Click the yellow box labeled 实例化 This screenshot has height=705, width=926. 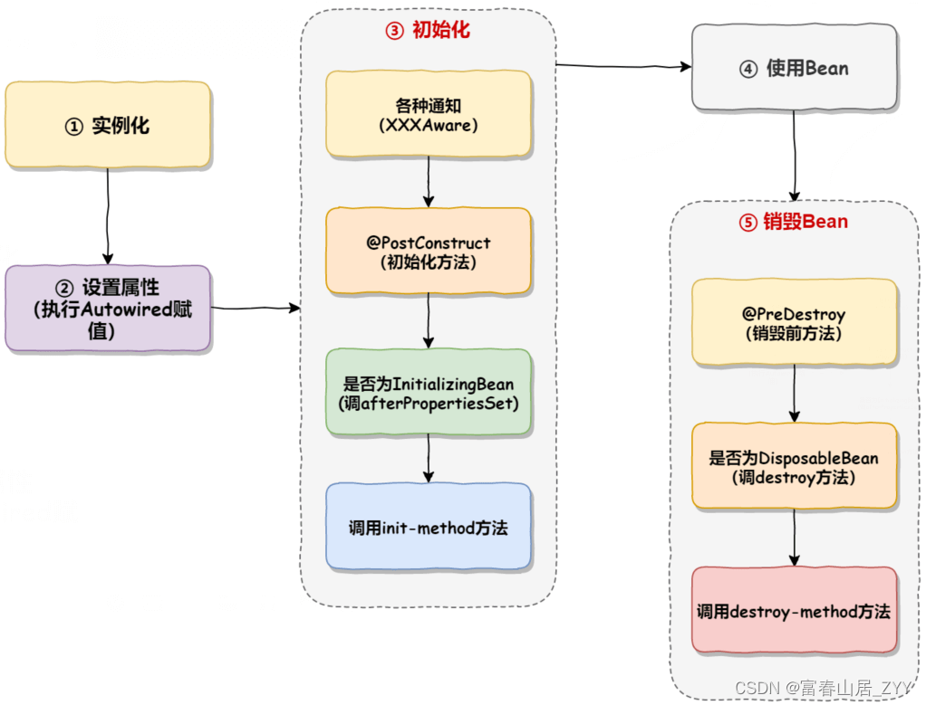(x=108, y=126)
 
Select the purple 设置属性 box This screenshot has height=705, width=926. (x=108, y=309)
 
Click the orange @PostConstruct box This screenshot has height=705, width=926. (x=429, y=252)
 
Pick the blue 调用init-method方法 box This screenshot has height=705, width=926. (x=429, y=527)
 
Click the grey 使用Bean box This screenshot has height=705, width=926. (x=794, y=68)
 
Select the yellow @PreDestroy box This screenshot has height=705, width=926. (x=794, y=322)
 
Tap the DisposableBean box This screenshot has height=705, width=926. (x=794, y=466)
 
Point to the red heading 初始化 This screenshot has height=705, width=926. (x=439, y=30)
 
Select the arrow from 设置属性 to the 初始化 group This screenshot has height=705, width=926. (x=256, y=309)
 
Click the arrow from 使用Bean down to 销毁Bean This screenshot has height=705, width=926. (x=795, y=154)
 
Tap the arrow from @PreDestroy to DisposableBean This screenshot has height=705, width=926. (x=795, y=394)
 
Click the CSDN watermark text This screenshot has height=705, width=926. (x=826, y=688)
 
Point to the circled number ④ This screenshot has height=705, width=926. (x=748, y=69)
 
